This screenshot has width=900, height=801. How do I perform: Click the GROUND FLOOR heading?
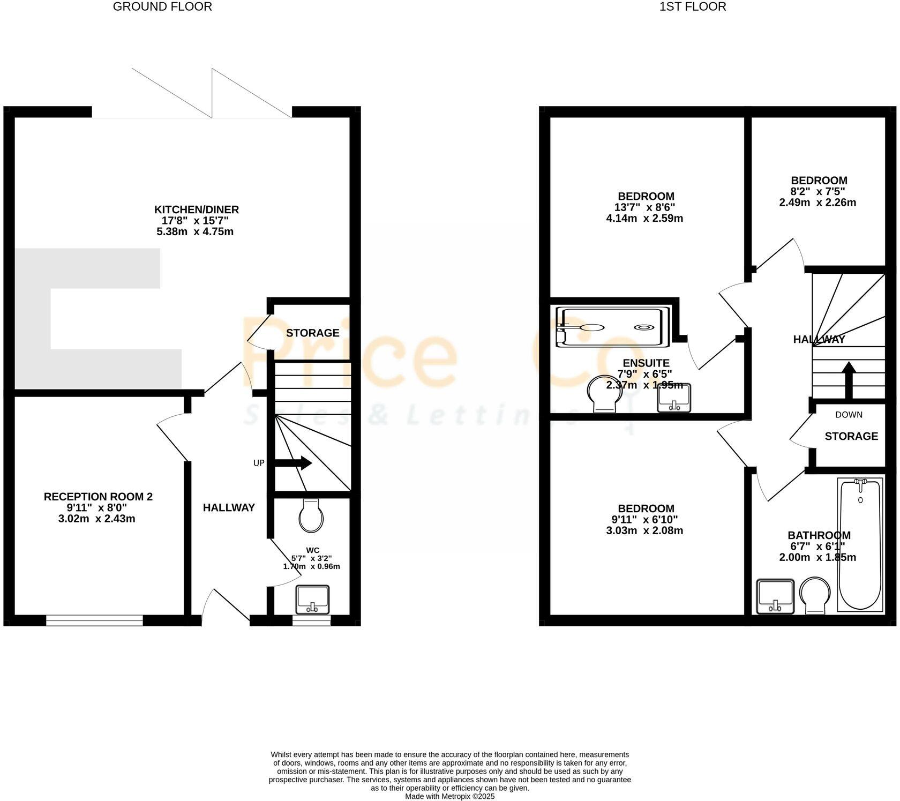(162, 7)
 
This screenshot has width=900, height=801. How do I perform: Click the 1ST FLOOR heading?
(693, 7)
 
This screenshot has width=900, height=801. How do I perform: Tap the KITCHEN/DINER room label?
(196, 209)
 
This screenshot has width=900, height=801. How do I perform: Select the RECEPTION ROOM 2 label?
(98, 497)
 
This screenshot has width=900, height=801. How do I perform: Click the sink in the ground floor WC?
(312, 599)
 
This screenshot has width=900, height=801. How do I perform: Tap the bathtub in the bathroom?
(860, 544)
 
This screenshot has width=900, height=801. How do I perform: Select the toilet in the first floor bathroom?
(814, 595)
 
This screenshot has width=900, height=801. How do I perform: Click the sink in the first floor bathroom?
(775, 596)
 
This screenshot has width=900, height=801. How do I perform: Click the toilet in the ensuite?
(604, 394)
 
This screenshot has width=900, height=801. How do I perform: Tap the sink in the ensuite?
(674, 398)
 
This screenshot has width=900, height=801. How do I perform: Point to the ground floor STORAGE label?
(312, 333)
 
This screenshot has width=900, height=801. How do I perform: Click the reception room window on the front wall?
(94, 620)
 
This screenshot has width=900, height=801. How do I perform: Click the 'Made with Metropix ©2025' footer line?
(449, 797)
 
